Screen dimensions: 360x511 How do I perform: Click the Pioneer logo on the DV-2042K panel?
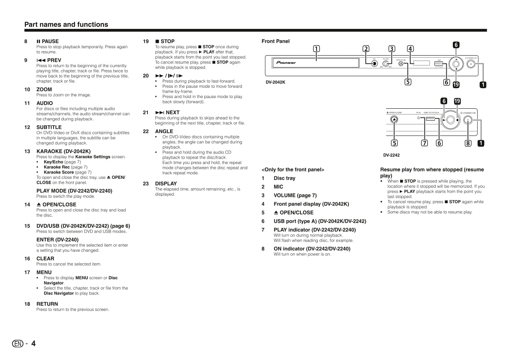[286, 63]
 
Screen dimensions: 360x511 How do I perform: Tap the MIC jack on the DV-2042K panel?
[374, 64]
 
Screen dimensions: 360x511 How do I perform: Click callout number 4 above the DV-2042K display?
[410, 49]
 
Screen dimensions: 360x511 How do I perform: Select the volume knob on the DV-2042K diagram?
[386, 64]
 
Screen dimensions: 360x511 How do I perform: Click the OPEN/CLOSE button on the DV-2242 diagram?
[394, 119]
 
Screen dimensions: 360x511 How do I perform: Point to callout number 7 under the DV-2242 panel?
[424, 143]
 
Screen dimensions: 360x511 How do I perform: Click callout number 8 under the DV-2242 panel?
[468, 143]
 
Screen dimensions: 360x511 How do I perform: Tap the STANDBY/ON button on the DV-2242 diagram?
[468, 120]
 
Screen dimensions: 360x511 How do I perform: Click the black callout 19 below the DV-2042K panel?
[456, 85]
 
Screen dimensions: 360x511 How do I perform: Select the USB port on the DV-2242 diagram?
[431, 119]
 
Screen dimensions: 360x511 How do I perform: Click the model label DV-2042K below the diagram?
[275, 82]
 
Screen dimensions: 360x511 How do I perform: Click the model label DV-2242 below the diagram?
[391, 155]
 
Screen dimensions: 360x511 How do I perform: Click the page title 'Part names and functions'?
[66, 25]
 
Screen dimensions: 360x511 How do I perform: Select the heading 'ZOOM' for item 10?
[44, 89]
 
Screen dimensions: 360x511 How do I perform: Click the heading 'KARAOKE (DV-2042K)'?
[63, 151]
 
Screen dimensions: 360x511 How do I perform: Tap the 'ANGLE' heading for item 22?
[164, 131]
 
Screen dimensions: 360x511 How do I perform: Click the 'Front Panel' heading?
[275, 41]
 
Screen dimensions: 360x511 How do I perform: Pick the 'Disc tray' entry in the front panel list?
[284, 178]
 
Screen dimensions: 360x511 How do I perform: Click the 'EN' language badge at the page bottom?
[18, 344]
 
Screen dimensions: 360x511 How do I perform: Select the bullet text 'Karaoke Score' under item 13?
[59, 172]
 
